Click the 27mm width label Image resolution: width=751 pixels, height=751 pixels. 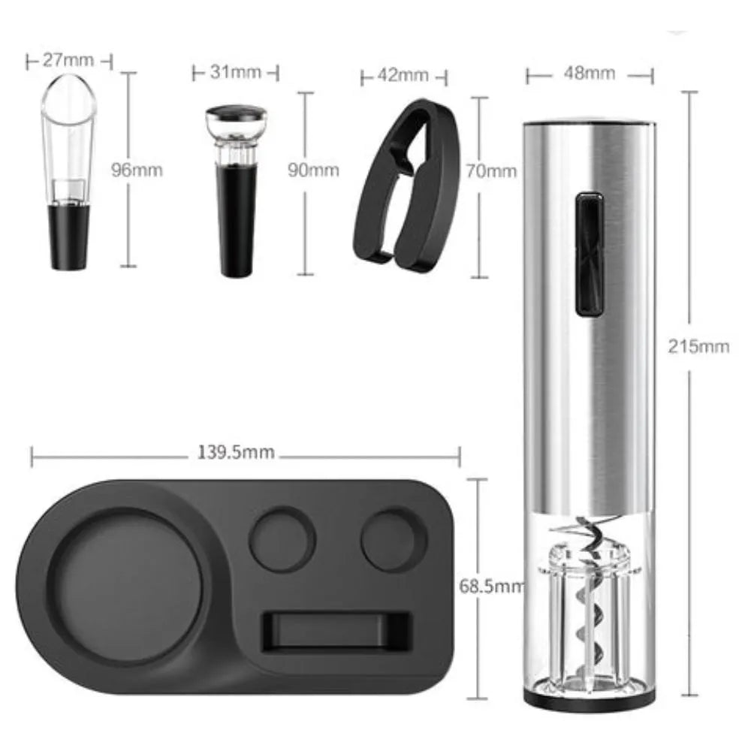68,60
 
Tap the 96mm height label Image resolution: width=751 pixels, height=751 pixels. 137,170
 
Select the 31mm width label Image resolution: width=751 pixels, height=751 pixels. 236,72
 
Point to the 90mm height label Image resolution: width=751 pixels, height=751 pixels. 314,170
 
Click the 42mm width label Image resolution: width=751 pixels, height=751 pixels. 403,75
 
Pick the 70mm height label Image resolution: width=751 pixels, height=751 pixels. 491,171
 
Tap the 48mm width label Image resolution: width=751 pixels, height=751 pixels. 589,74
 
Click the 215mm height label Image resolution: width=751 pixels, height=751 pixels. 698,346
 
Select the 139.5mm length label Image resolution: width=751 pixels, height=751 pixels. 236,452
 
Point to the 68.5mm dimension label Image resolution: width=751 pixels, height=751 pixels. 492,586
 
